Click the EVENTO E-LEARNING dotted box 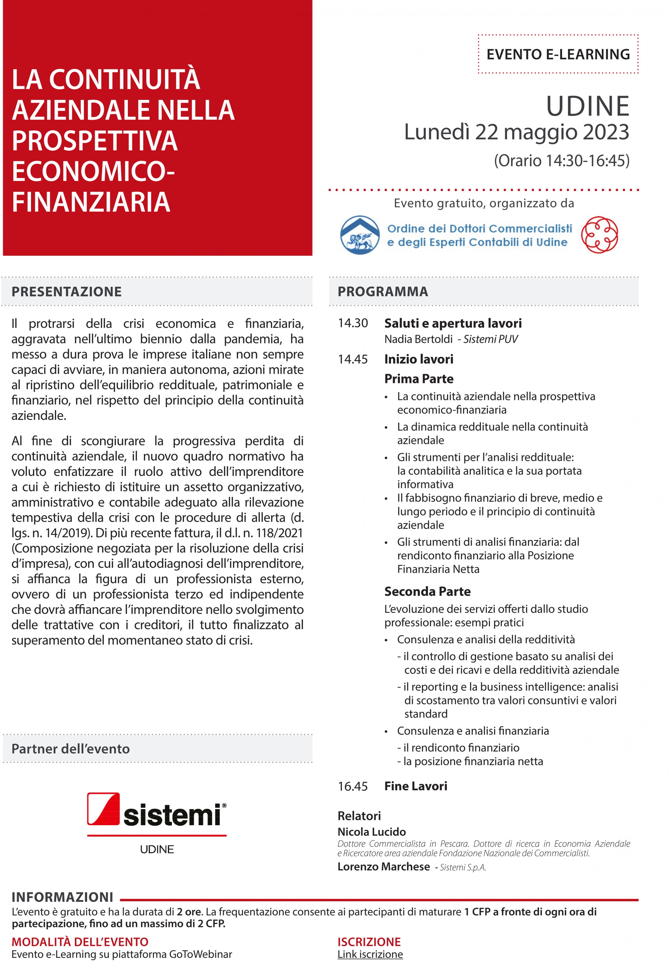coord(558,54)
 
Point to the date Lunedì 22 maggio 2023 coord(516,132)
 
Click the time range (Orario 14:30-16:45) coord(561,160)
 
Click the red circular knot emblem coord(599,235)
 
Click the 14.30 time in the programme coord(353,323)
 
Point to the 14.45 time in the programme coord(353,359)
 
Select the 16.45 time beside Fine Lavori coord(353,786)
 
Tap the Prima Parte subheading coord(419,379)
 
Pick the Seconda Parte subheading coord(427,592)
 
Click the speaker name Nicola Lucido coord(372,831)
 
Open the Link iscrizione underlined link coord(370,954)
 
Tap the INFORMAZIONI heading coord(62,897)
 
